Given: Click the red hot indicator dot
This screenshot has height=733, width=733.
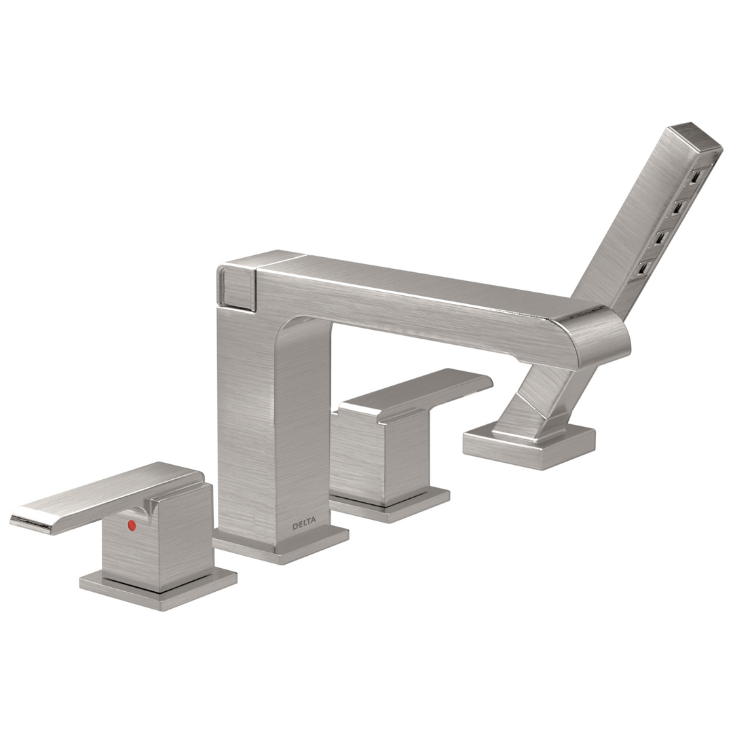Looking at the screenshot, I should (x=132, y=525).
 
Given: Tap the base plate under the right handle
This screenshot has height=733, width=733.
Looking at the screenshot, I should (x=390, y=506).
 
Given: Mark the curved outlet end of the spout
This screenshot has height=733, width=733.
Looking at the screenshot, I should (x=601, y=336).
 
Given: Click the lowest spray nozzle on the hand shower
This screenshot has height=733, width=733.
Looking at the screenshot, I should (x=642, y=268).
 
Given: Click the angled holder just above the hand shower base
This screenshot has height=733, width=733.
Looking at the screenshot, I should (x=536, y=407).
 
